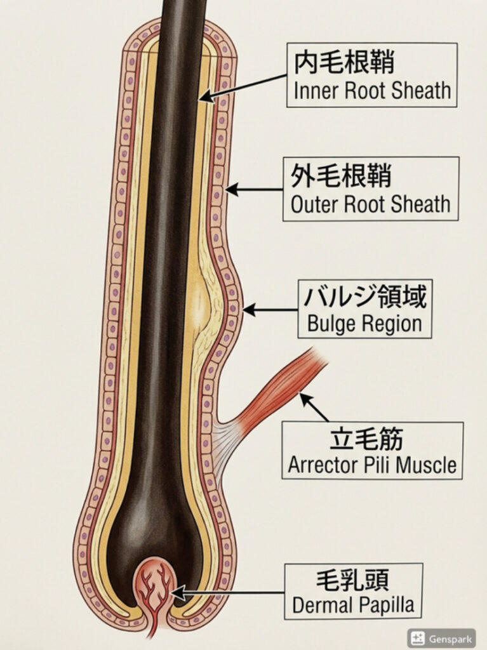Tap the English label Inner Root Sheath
click(x=372, y=91)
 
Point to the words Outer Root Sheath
click(x=371, y=205)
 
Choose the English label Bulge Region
click(x=364, y=324)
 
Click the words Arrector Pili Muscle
click(x=372, y=465)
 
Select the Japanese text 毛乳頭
click(x=352, y=580)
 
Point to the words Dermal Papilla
click(x=353, y=606)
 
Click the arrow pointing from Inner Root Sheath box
click(x=244, y=86)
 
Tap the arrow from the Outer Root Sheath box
click(x=254, y=189)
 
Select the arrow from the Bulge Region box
click(x=270, y=310)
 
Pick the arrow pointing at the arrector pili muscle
click(x=314, y=407)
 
